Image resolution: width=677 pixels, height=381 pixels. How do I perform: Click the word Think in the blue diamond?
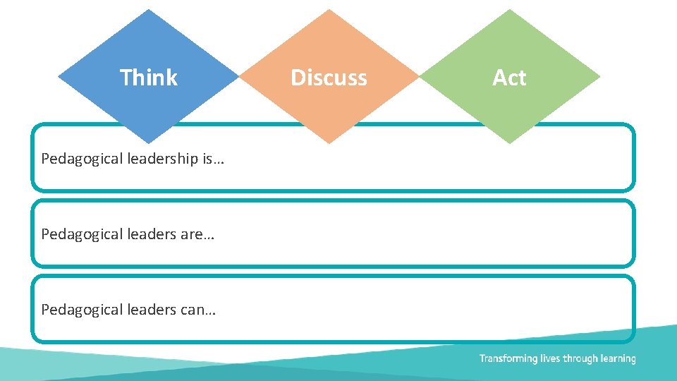point(149,77)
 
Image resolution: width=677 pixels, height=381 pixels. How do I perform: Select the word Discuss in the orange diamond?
point(329,77)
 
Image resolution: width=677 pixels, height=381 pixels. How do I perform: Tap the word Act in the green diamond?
point(509,77)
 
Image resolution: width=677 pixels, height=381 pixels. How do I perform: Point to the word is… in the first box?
point(213,159)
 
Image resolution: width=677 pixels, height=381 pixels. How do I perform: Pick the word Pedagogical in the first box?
point(83,159)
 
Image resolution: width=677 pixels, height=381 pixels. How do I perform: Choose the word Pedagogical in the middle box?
point(83,234)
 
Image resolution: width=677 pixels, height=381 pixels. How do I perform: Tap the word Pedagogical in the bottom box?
point(83,309)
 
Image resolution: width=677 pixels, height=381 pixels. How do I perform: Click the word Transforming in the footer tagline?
point(508,358)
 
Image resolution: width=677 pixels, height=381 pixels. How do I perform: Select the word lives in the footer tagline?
point(550,358)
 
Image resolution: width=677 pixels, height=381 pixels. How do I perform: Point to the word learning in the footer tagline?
point(618,358)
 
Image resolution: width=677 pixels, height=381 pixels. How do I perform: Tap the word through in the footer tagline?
point(580,358)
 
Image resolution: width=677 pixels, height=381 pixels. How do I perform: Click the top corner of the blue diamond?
point(149,9)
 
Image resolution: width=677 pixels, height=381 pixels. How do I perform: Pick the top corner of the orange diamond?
point(329,9)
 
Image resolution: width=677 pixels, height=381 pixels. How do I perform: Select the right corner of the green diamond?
point(600,76)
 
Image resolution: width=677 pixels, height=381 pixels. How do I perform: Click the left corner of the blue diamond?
point(58,76)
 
